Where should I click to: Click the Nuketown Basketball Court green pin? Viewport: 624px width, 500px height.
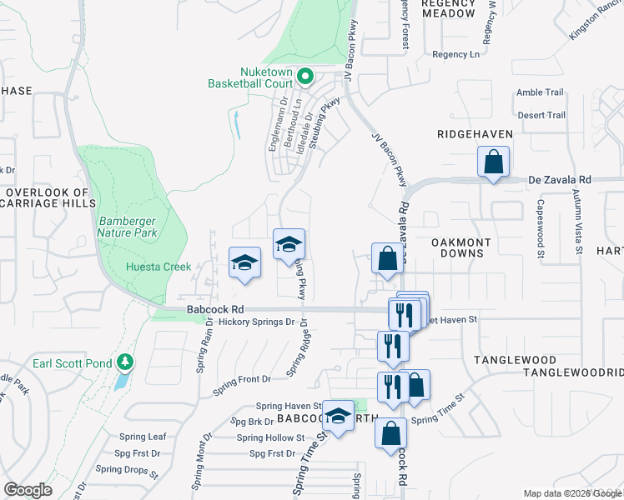[x=304, y=77]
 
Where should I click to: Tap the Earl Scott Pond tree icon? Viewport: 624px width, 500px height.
[x=125, y=362]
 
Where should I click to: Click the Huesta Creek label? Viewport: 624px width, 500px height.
[x=153, y=267]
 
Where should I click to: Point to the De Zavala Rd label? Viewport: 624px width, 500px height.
[x=560, y=179]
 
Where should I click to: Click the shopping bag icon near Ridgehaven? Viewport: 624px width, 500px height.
[x=493, y=162]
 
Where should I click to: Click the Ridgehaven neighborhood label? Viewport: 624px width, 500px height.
[x=475, y=133]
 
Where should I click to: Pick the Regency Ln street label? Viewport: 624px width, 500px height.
[x=455, y=54]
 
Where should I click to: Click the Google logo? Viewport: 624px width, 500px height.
[x=28, y=490]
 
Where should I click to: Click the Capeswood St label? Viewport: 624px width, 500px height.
[x=540, y=227]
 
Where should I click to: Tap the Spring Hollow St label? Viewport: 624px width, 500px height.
[x=270, y=437]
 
